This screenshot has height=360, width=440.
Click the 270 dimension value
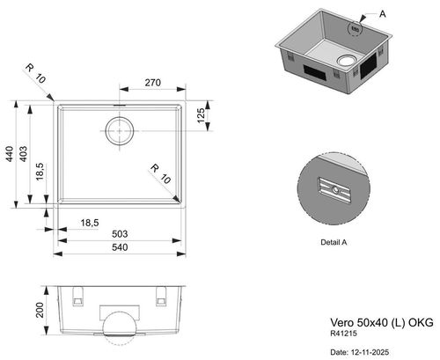[x=153, y=83]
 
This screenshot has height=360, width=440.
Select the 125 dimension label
[x=201, y=115]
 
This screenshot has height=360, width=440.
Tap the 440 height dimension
[x=10, y=154]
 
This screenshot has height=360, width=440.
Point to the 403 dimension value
[x=23, y=154]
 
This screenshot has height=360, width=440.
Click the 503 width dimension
[x=120, y=234]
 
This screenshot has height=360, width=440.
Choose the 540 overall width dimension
[x=120, y=247]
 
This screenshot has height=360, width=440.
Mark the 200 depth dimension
[x=40, y=310]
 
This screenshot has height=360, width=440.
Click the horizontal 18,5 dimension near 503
[x=90, y=223]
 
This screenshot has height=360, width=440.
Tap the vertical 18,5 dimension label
[x=40, y=172]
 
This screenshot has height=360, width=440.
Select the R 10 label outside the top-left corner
[x=35, y=73]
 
